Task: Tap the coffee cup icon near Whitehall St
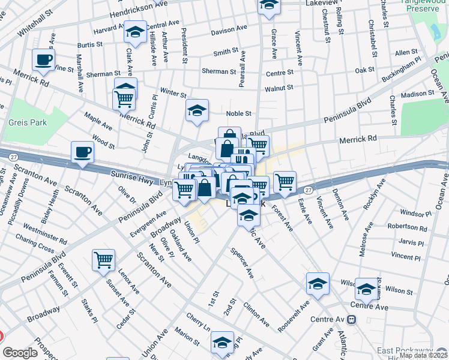43,60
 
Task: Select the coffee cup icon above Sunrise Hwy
82,152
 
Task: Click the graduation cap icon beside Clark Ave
136,32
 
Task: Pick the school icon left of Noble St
196,111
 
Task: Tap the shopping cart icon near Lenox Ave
103,260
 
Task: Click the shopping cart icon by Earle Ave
285,181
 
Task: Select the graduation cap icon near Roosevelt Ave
318,284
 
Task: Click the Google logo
20,353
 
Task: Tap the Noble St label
238,113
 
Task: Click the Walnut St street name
279,88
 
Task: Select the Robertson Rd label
408,229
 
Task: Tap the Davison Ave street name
229,29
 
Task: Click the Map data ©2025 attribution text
423,355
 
